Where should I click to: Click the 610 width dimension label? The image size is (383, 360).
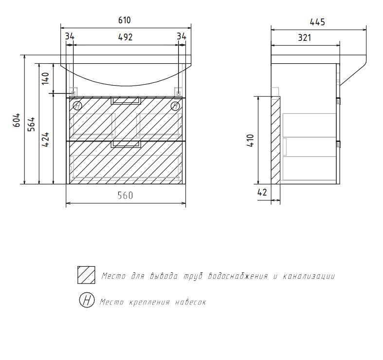pyautogui.click(x=124, y=20)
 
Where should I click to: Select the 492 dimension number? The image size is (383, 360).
pyautogui.click(x=125, y=37)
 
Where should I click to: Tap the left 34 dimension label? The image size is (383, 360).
pyautogui.click(x=70, y=36)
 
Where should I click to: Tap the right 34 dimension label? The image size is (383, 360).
pyautogui.click(x=182, y=36)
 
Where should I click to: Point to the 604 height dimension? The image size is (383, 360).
pyautogui.click(x=17, y=120)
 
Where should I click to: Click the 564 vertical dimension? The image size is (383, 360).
pyautogui.click(x=31, y=125)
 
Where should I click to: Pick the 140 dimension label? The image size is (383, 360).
pyautogui.click(x=45, y=79)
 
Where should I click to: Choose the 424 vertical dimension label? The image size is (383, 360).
pyautogui.click(x=45, y=140)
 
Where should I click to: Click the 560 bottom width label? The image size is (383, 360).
pyautogui.click(x=125, y=196)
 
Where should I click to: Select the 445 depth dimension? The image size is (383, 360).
pyautogui.click(x=317, y=22)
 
